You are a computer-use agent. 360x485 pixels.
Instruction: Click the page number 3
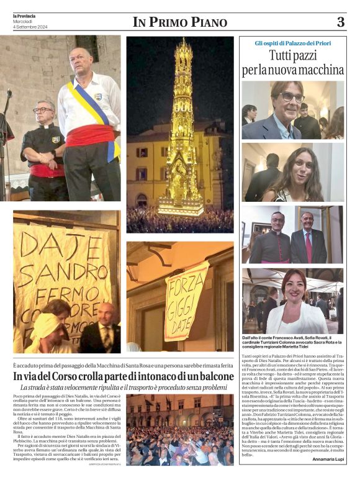(341, 22)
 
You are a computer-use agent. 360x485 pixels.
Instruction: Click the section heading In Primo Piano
(180, 22)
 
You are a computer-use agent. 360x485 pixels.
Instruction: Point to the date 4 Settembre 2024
(30, 27)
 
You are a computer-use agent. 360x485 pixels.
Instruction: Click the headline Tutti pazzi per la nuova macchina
(292, 63)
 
